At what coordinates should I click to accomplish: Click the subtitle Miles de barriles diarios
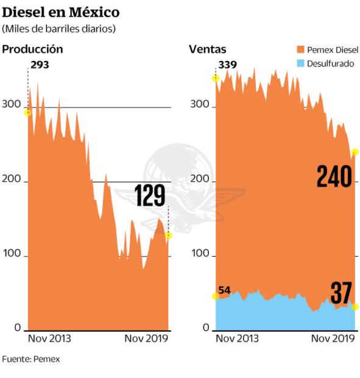click(58, 29)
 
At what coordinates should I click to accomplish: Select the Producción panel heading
click(33, 49)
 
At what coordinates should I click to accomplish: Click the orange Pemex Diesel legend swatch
click(300, 50)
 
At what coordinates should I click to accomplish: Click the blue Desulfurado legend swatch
click(300, 63)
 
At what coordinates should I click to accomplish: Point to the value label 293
click(40, 65)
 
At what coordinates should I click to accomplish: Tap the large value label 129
click(150, 196)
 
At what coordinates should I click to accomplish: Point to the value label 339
click(228, 65)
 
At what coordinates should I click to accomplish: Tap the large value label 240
click(334, 177)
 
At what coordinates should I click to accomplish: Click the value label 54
click(224, 290)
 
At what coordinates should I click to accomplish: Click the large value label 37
click(341, 293)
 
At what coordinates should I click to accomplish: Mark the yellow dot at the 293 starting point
click(27, 112)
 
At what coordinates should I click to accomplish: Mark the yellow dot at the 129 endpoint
click(169, 235)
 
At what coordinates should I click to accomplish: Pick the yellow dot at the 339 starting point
click(215, 78)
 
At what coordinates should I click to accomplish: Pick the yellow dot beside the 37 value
click(355, 306)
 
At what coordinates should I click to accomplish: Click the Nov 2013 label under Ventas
click(238, 339)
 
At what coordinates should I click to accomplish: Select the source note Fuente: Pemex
click(31, 358)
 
